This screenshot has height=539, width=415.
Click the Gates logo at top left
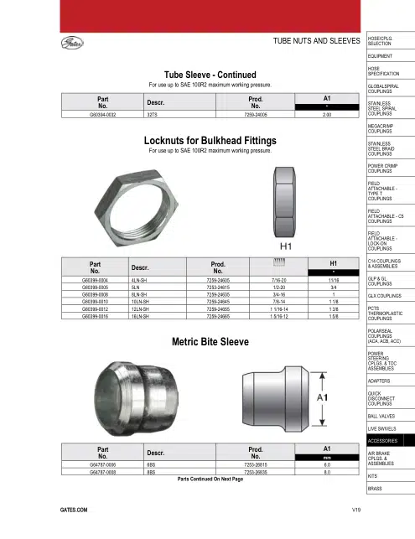[72, 43]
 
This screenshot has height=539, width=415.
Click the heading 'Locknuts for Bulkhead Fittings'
[210, 141]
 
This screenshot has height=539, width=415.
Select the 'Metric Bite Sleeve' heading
[210, 342]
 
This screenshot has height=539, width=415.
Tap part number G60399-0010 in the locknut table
[95, 302]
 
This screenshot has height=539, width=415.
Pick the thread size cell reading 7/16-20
[278, 280]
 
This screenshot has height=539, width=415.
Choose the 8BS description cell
[151, 472]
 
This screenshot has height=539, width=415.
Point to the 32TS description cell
[152, 115]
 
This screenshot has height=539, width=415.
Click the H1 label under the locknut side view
[286, 246]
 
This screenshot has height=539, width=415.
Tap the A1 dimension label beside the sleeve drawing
[322, 397]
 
